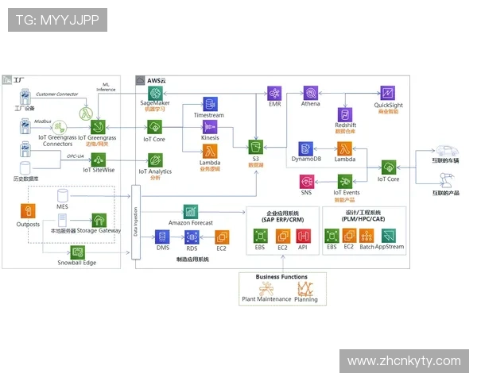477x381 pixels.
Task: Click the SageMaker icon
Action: [x=155, y=93]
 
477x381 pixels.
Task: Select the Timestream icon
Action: [x=209, y=105]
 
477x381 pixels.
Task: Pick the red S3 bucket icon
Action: [x=256, y=148]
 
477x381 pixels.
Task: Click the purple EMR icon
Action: [x=274, y=93]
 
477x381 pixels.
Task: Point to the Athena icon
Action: [x=311, y=93]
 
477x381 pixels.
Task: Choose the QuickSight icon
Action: [x=387, y=93]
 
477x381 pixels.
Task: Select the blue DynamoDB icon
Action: [x=305, y=148]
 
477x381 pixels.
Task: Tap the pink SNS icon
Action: [x=306, y=183]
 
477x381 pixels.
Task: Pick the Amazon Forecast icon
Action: [x=191, y=212]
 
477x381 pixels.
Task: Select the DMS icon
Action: [x=162, y=237]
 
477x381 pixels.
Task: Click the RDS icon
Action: [x=192, y=237]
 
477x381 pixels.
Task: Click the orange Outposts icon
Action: [x=29, y=211]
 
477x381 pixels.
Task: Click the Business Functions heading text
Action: [x=279, y=277]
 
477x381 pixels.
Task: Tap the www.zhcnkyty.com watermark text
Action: [x=404, y=361]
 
